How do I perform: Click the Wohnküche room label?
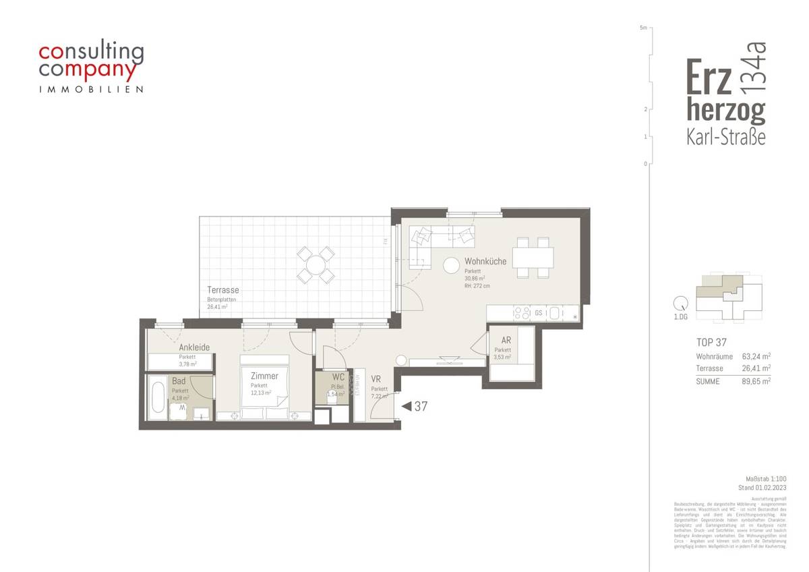tap(485, 261)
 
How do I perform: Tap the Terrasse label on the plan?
tap(222, 290)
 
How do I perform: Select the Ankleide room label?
tap(194, 347)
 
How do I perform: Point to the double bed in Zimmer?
tap(264, 389)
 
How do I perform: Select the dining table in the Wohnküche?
tap(533, 257)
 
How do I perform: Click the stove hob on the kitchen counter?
tap(522, 313)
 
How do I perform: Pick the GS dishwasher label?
tap(539, 313)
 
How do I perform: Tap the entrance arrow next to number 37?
tap(406, 407)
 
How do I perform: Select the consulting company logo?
tap(91, 68)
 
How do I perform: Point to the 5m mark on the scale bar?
tap(644, 28)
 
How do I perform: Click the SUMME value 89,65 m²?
tap(756, 381)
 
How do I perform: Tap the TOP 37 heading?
tap(711, 343)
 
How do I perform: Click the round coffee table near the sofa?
tap(450, 266)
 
